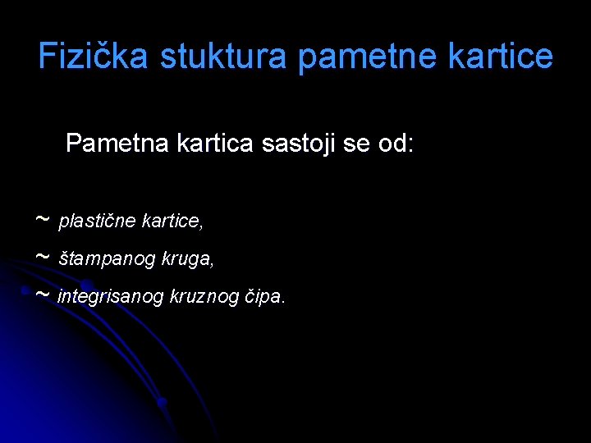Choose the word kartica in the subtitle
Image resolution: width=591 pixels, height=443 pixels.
pyautogui.click(x=213, y=144)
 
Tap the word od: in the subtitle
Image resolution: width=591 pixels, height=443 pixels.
pyautogui.click(x=395, y=144)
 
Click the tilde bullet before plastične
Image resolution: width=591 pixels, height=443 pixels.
pyautogui.click(x=42, y=220)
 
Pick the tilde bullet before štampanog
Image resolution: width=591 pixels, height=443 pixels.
pyautogui.click(x=42, y=258)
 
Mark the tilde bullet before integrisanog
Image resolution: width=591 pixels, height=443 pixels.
pyautogui.click(x=42, y=295)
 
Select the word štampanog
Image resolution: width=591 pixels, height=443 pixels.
pyautogui.click(x=100, y=259)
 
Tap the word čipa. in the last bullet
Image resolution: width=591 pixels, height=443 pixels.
pyautogui.click(x=267, y=296)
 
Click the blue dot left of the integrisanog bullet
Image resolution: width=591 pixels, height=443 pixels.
pyautogui.click(x=27, y=292)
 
